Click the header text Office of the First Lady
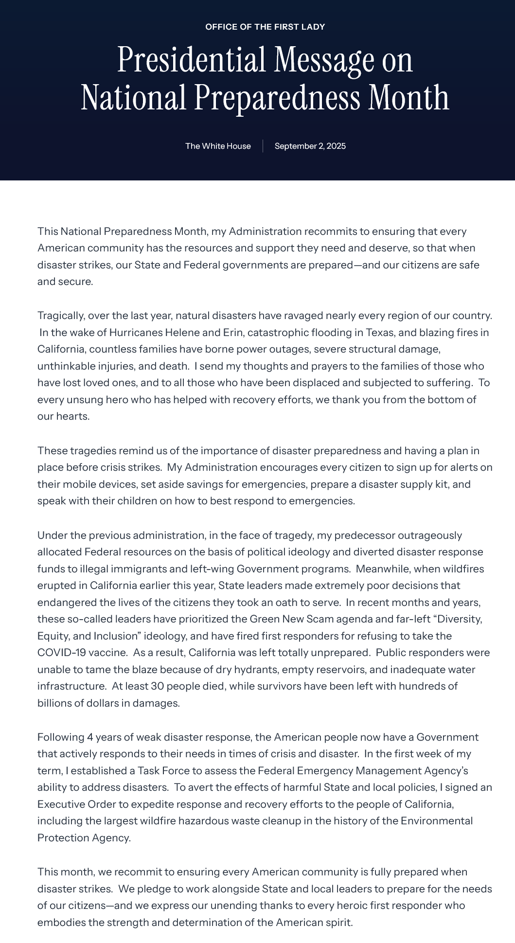265,27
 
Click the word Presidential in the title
192,60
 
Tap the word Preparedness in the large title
277,98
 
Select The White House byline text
218,146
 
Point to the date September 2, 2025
310,146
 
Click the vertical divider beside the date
263,146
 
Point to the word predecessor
364,535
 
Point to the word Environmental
436,821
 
